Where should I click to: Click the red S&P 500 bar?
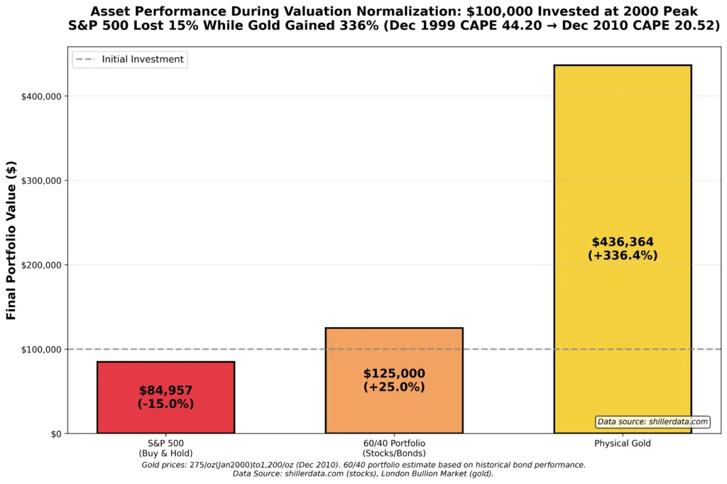click(165, 419)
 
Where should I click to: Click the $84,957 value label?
click(165, 390)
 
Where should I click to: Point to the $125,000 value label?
click(394, 374)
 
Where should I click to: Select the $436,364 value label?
click(623, 242)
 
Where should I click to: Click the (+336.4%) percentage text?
click(623, 256)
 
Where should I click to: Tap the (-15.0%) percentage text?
click(165, 404)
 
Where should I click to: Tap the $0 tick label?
click(55, 434)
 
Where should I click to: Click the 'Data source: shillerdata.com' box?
click(652, 422)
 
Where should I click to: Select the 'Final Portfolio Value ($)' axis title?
click(11, 240)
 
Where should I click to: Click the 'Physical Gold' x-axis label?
click(622, 443)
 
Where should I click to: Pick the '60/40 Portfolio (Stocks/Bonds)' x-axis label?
click(394, 448)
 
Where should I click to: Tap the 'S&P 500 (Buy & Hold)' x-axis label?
click(165, 448)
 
